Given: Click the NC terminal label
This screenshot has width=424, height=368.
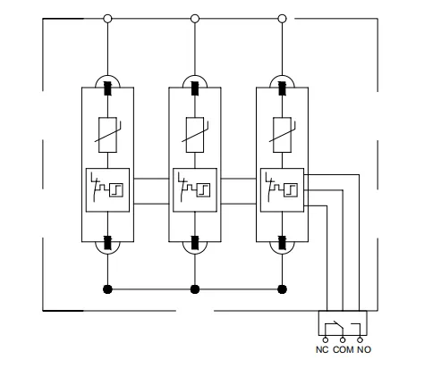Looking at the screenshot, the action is coord(322,349).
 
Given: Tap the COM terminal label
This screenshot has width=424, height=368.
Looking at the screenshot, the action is coord(343,349).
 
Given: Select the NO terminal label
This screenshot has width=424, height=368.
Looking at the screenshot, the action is coord(364,349).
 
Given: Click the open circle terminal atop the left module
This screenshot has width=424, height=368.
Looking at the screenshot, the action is coord(107,19).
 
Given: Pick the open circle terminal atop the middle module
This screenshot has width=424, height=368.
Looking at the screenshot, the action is coord(195,19).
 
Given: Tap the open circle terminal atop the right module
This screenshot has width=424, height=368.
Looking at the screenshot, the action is coord(282,19).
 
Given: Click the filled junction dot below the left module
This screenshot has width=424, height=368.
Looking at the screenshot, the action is coord(107,289).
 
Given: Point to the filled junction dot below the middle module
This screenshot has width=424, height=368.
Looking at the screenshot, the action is coord(195,289).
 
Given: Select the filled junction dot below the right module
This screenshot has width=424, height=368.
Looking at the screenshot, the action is coord(282,289).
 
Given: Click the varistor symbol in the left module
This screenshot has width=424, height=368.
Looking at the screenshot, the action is coord(107,135).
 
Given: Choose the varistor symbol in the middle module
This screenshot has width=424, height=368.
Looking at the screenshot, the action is coord(195,135).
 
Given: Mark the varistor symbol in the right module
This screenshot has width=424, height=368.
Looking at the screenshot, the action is coord(282,135).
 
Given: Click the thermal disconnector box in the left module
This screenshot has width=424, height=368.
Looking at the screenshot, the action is coord(107,190).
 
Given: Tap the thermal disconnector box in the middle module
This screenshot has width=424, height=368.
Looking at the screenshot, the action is coord(195,190).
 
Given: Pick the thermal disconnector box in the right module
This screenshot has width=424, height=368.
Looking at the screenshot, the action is coord(282,190).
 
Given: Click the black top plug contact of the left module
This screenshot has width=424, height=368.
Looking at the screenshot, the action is coord(107,88).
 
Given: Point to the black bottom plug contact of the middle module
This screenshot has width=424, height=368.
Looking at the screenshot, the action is coord(195,242).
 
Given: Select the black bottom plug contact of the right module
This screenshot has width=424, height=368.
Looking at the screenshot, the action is coord(282,242).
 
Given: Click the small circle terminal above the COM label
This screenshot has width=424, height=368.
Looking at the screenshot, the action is coord(343,339).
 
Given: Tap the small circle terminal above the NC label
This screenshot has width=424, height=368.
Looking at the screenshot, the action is coord(326,339).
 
